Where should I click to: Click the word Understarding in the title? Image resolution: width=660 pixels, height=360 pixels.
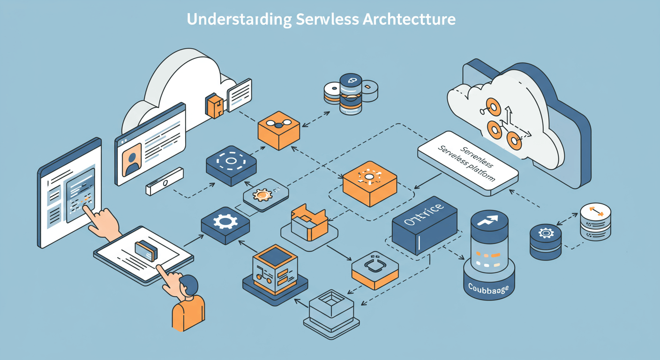click(x=238, y=20)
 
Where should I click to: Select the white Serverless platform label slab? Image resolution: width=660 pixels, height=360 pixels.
click(x=468, y=163)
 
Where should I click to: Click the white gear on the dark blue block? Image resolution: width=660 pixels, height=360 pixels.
click(x=225, y=221)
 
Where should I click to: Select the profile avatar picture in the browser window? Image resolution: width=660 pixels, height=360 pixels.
click(x=132, y=158)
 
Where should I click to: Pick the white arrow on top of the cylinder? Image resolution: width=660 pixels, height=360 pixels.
click(x=489, y=220)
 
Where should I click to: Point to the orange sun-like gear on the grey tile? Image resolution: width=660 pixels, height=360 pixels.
click(x=262, y=194)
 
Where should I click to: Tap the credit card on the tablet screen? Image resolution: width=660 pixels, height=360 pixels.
click(x=146, y=251)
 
